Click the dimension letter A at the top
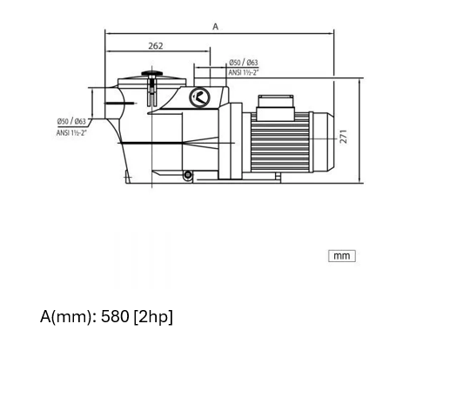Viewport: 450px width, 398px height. [x=215, y=26]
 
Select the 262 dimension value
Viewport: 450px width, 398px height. [x=156, y=46]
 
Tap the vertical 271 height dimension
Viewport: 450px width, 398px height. [x=343, y=137]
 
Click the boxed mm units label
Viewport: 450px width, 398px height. [x=342, y=256]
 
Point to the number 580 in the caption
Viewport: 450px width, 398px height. [x=115, y=316]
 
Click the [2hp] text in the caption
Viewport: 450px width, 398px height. [x=153, y=317]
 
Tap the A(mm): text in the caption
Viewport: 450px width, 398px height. [x=69, y=317]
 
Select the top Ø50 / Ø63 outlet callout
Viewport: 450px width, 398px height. [x=243, y=63]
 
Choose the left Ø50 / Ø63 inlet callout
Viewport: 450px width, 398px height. [x=71, y=121]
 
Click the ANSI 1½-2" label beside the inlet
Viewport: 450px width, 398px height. [x=71, y=132]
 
